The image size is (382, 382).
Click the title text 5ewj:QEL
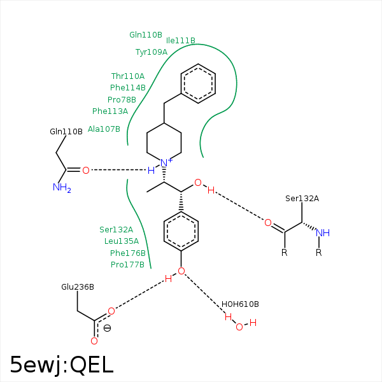(62, 364)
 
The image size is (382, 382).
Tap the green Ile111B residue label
(181, 41)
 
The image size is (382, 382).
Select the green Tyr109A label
(152, 52)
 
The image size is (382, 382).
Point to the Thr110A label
(128, 76)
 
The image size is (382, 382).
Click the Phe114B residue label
(128, 88)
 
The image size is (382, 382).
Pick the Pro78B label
(122, 100)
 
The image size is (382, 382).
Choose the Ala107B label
(104, 129)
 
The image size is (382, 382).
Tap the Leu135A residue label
(122, 241)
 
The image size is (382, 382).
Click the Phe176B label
(128, 253)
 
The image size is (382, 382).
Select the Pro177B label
(128, 265)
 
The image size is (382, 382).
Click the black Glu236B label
(78, 287)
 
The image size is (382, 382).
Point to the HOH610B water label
(240, 304)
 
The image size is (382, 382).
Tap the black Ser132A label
(302, 199)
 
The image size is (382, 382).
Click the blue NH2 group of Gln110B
(62, 188)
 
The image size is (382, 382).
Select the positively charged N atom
(164, 163)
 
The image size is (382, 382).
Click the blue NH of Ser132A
(323, 233)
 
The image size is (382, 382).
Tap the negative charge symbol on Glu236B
(107, 329)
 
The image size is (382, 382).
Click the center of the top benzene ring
(199, 83)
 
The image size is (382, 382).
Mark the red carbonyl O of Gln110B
(86, 170)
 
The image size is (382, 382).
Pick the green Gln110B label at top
(146, 35)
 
